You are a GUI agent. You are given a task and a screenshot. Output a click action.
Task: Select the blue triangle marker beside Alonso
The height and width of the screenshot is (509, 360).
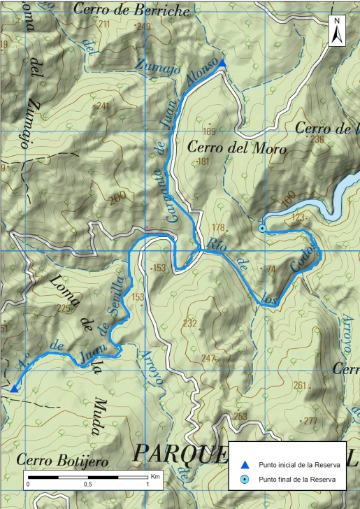222,64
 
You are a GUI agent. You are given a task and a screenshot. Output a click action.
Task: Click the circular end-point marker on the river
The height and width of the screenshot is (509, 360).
262,228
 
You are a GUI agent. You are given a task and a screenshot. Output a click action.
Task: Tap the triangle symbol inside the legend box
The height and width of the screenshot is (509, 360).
244,464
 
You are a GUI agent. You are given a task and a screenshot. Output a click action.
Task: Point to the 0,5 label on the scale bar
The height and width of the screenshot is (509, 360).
87,485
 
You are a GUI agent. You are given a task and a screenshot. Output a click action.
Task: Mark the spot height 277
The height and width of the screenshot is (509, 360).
310,420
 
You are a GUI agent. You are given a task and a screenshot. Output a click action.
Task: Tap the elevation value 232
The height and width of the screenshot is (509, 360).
189,323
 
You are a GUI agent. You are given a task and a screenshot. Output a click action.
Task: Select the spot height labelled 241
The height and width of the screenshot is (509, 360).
103,106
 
